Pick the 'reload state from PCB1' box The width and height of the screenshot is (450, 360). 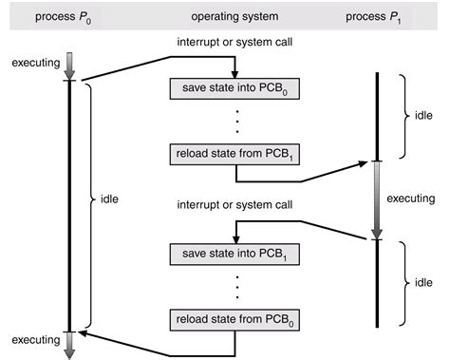coord(234,151)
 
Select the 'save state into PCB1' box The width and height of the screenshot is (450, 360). coord(234,254)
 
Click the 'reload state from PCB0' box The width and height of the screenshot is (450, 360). coord(234,316)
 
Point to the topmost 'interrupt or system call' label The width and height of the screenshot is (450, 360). coord(234,45)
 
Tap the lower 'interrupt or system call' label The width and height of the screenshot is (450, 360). coord(234,205)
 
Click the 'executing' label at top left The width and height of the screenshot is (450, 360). coord(33,63)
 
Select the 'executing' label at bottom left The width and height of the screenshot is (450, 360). coord(32,340)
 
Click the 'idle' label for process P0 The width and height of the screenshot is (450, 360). coord(111,201)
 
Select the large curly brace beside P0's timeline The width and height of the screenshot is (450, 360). coord(90,201)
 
